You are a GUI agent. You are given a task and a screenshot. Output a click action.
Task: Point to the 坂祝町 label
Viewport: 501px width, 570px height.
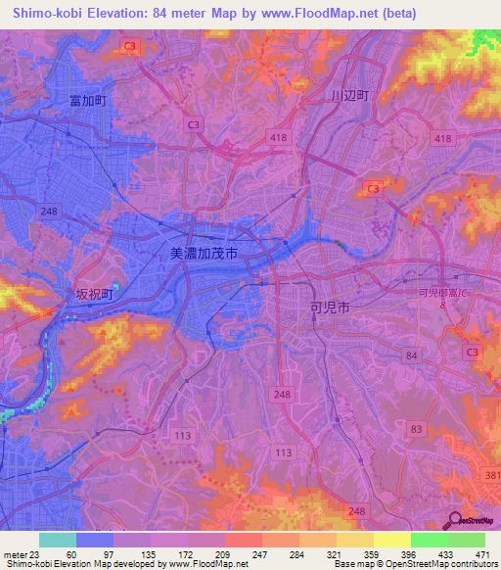[x=95, y=294]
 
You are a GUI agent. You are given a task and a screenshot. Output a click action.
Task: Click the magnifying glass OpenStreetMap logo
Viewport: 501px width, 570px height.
[x=455, y=522]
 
